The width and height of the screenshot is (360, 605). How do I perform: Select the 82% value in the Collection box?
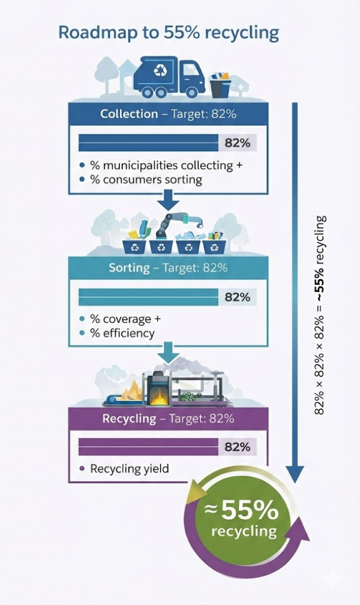coord(237,143)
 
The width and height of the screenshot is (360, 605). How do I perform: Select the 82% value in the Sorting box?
coord(237,297)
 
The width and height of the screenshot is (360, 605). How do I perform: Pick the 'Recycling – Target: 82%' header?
coord(167,418)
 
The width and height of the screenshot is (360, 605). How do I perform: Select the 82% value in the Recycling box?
coord(237,447)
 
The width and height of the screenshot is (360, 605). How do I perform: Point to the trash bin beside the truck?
coord(220,86)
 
